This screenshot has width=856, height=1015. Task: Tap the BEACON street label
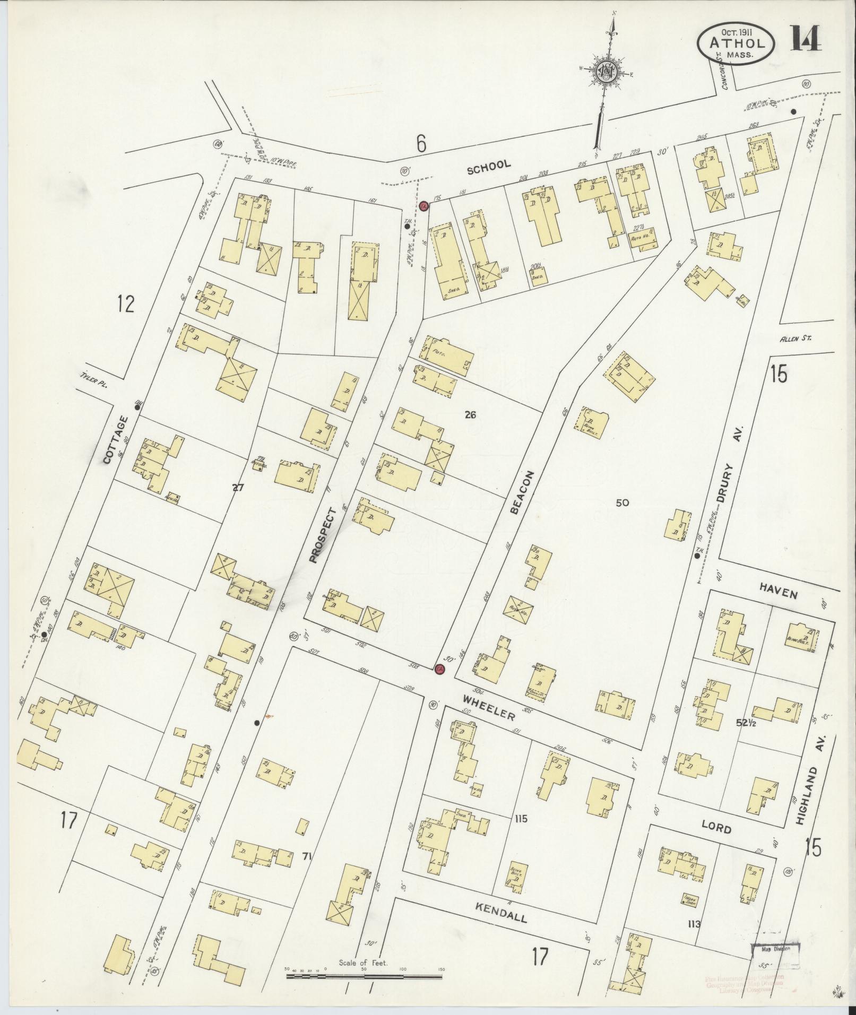(521, 492)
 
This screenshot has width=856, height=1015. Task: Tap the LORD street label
(716, 829)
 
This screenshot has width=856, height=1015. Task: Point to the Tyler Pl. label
(92, 381)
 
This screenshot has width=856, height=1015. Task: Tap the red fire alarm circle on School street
(423, 206)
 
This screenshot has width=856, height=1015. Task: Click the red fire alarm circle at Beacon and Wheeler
(439, 670)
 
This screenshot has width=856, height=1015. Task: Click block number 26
(469, 415)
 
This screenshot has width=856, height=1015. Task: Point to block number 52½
(747, 722)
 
